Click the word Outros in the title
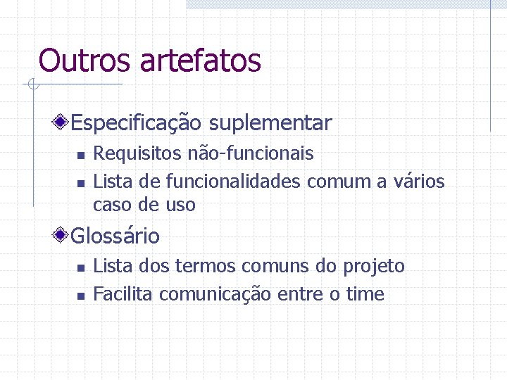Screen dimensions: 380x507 pos(85,61)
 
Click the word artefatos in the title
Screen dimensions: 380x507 pos(200,61)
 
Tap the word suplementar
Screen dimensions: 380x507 pos(270,124)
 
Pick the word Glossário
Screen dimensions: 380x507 pos(115,236)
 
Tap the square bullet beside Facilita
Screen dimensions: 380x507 pos(80,296)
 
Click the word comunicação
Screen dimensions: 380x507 pos(215,294)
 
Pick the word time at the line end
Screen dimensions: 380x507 pos(365,294)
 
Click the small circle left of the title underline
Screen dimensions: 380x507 pos(31,85)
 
